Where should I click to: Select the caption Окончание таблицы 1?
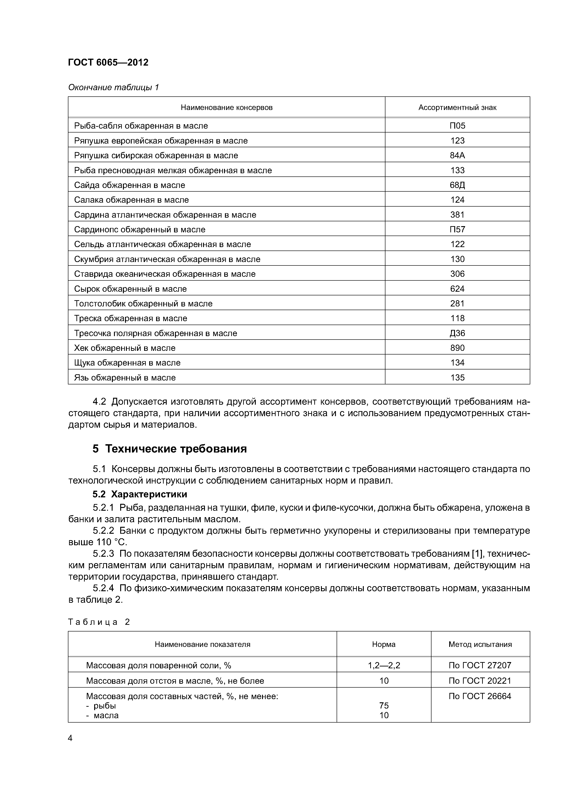[x=113, y=87]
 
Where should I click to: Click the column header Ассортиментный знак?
[x=457, y=108]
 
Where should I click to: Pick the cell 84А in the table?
[x=457, y=155]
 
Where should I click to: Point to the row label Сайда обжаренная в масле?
[x=129, y=185]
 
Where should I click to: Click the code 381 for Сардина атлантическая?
[x=457, y=215]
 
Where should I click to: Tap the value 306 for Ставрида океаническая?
[x=457, y=274]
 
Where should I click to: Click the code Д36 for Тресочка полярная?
[x=457, y=333]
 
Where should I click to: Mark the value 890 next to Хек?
[x=457, y=348]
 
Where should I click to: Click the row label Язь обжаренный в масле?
[x=125, y=378]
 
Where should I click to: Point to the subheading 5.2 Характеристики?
[x=140, y=494]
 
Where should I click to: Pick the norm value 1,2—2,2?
[x=384, y=665]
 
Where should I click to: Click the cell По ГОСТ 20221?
[x=480, y=681]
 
